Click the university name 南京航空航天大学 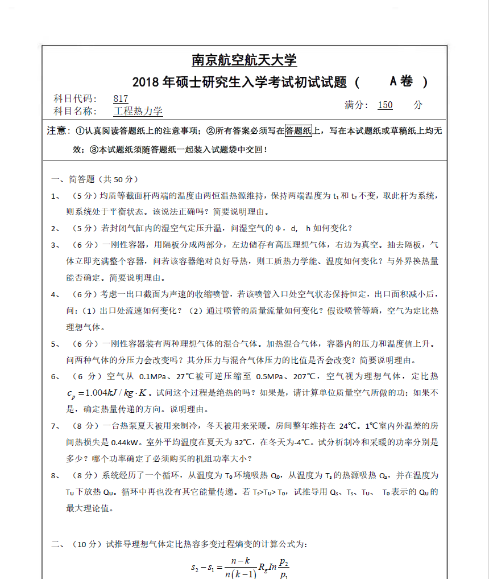pos(244,60)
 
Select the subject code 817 pos(121,98)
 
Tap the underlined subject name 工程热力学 pos(138,112)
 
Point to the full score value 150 pos(385,105)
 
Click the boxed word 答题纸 pos(298,131)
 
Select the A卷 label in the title pos(401,81)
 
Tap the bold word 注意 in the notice pos(57,132)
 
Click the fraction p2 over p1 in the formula pos(284,567)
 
